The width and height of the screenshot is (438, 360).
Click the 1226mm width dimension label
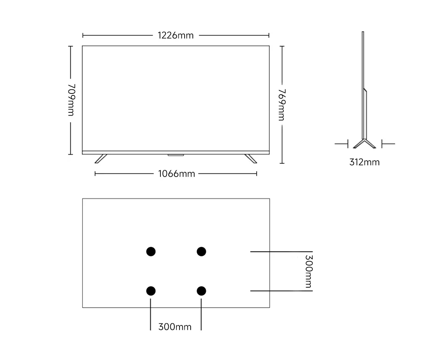176,35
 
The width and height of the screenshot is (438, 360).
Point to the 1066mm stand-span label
176,174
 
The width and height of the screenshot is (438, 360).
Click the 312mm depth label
364,162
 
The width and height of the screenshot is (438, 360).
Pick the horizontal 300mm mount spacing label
175,327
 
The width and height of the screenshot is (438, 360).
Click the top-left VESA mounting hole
151,251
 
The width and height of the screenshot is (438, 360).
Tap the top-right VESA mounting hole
201,251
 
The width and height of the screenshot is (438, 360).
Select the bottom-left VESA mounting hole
151,291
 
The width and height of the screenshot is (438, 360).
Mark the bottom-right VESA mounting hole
201,291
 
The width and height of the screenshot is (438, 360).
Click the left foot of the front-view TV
100,159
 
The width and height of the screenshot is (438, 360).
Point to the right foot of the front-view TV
251,159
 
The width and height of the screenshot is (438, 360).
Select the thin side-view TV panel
363,83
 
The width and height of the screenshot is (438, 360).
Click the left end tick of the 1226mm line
83,35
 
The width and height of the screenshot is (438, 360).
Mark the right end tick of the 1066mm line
257,174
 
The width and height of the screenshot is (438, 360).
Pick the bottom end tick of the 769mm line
282,163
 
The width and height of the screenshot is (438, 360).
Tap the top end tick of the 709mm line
70,46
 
